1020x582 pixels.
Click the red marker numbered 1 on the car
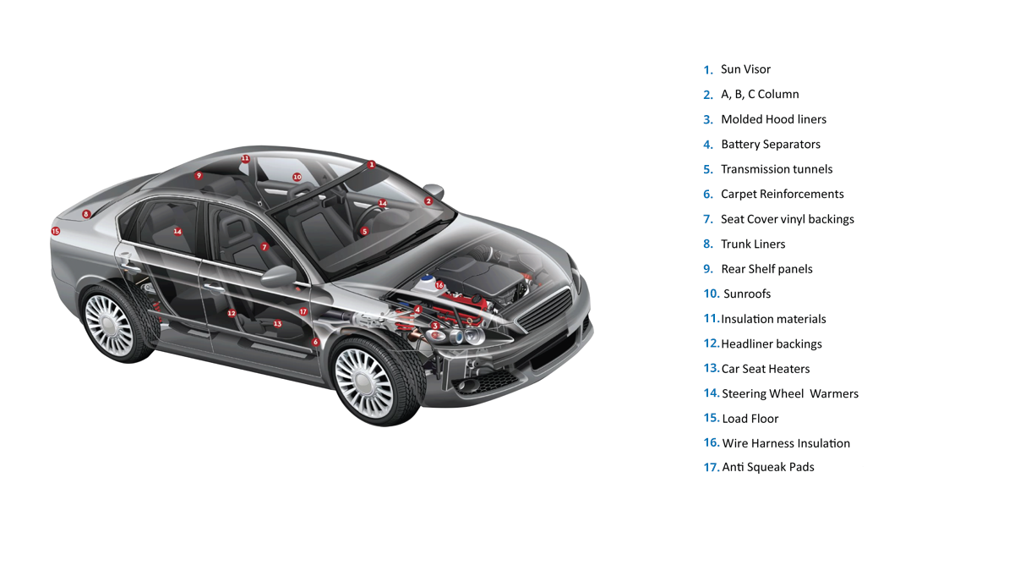372,164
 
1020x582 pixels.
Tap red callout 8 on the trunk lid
86,214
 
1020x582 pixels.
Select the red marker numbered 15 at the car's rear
56,231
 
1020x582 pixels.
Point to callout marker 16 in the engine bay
439,285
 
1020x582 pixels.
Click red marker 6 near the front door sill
315,342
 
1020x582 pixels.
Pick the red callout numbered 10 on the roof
297,177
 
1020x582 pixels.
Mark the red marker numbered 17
303,312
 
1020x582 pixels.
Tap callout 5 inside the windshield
364,232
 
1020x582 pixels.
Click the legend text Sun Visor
745,69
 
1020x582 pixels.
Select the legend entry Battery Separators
771,145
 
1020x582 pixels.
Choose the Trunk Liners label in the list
753,244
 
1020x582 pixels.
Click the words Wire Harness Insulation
786,443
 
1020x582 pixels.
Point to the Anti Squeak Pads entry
768,467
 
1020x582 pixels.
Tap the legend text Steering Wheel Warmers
790,393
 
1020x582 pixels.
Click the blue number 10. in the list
712,294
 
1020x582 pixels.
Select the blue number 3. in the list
708,120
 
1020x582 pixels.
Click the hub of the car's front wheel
364,383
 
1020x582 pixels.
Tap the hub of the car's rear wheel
109,325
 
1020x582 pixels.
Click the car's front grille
544,310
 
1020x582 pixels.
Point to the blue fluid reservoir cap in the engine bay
427,277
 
